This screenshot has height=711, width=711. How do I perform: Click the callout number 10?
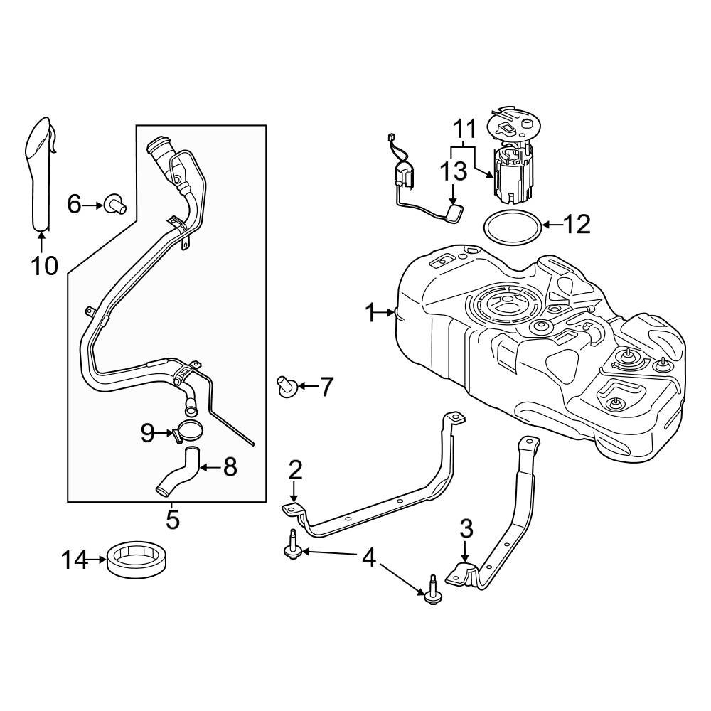(x=43, y=266)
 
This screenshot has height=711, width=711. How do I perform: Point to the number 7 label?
(x=325, y=387)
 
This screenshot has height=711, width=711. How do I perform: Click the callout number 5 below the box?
(x=173, y=519)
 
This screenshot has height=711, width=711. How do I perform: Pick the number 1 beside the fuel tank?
(x=370, y=312)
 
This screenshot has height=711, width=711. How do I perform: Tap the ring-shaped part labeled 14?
(x=139, y=558)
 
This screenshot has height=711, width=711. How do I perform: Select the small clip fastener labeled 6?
(x=114, y=205)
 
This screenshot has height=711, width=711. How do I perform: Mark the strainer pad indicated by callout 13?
(x=454, y=212)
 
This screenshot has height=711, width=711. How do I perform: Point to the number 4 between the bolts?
(x=369, y=557)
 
